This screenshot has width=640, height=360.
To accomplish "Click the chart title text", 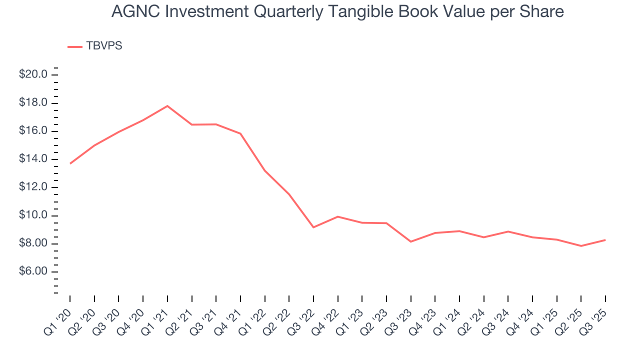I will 337,12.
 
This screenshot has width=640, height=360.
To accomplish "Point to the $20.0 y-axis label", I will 33,74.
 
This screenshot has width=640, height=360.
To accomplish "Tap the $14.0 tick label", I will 33,159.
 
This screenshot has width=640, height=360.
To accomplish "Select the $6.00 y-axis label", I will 33,271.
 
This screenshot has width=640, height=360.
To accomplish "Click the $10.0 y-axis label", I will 33,215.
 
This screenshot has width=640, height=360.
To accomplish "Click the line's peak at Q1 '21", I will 167,105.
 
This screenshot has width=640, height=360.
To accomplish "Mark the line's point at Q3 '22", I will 313,227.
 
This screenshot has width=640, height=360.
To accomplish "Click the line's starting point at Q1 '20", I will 70,163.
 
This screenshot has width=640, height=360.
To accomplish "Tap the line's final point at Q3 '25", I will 605,240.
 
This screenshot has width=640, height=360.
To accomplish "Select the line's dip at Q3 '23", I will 411,241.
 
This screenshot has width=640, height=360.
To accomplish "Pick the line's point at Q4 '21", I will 240,133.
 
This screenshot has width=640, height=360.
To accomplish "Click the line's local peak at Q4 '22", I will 338,216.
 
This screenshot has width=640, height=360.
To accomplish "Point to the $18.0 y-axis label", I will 33,103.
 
